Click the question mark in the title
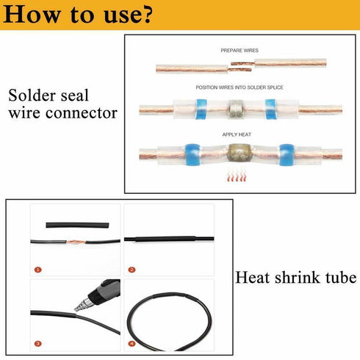click(147, 13)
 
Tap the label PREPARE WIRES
click(240, 50)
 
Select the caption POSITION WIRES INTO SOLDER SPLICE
click(240, 87)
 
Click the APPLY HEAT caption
click(240, 134)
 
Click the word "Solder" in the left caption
click(32, 96)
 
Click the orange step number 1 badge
click(37, 270)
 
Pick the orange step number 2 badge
click(131, 270)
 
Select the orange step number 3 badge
click(37, 343)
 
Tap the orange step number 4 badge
click(131, 343)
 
